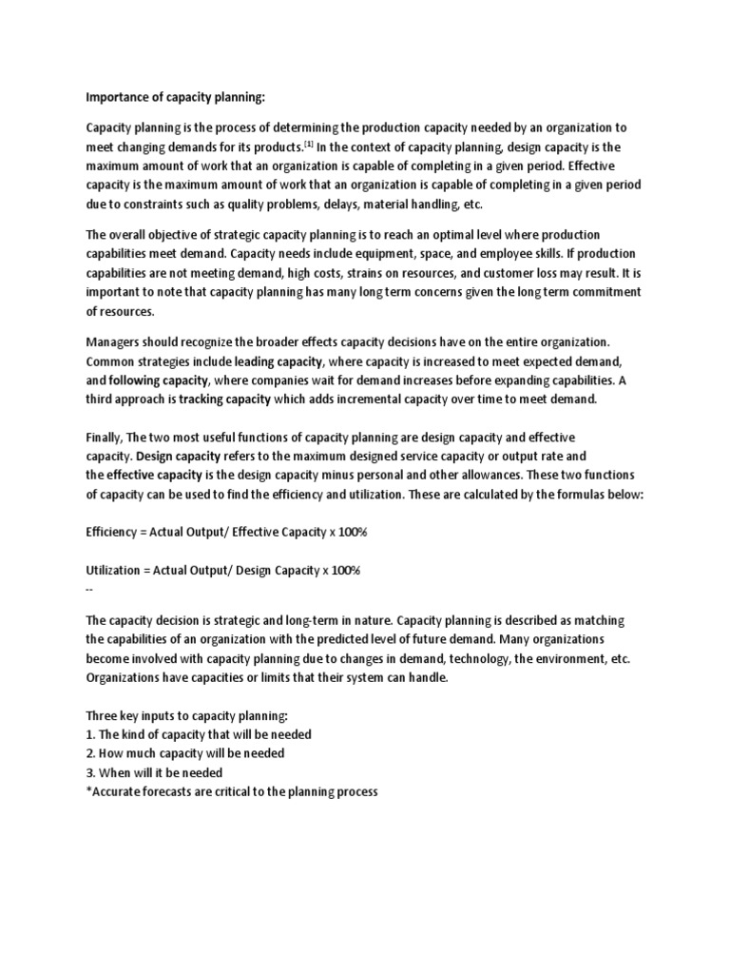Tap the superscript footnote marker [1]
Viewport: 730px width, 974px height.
tap(309, 144)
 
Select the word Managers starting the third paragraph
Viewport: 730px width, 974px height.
tap(115, 341)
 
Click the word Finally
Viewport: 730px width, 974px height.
tap(104, 437)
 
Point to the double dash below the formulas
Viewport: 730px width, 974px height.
tap(89, 589)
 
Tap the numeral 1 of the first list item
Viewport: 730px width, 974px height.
tap(88, 734)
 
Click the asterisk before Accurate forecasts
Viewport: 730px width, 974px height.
tap(87, 791)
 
